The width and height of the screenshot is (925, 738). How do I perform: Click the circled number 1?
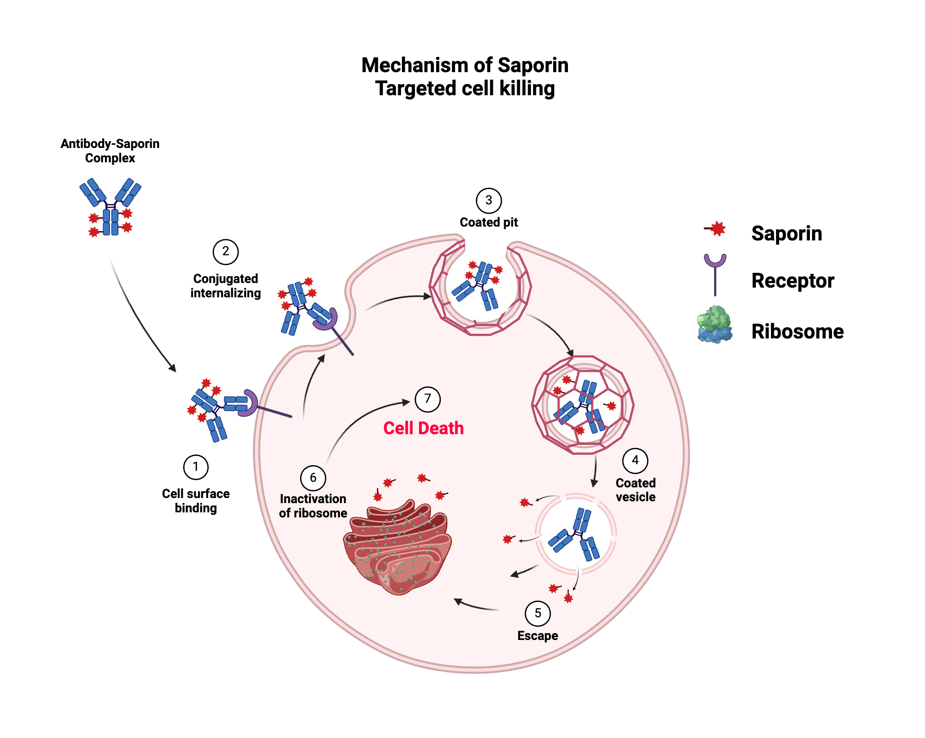(x=196, y=467)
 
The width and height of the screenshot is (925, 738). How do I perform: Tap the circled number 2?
(x=225, y=252)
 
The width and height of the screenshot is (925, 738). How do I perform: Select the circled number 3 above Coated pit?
(x=488, y=201)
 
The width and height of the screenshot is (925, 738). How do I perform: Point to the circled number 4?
(x=635, y=461)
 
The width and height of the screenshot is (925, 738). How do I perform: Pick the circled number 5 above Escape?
(x=537, y=613)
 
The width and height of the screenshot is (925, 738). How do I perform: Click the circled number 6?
(x=313, y=478)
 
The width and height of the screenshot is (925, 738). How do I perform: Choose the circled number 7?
(x=427, y=399)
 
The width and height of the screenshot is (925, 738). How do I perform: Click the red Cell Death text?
(x=423, y=428)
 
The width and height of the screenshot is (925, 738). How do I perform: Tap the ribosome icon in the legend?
(x=715, y=325)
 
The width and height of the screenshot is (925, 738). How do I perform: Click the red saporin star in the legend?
(x=717, y=228)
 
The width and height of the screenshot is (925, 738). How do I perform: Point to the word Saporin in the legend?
(x=786, y=234)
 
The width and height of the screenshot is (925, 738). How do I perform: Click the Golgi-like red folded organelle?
(x=398, y=548)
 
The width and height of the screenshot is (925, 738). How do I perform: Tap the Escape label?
(x=537, y=636)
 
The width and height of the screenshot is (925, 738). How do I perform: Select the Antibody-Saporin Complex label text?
(x=110, y=151)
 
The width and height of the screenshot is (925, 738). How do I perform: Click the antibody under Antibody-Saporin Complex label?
(x=111, y=208)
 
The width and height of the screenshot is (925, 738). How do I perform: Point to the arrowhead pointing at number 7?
(x=407, y=402)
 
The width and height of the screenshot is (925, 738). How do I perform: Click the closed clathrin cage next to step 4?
(x=583, y=405)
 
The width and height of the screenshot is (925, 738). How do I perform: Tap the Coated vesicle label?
(x=635, y=490)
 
